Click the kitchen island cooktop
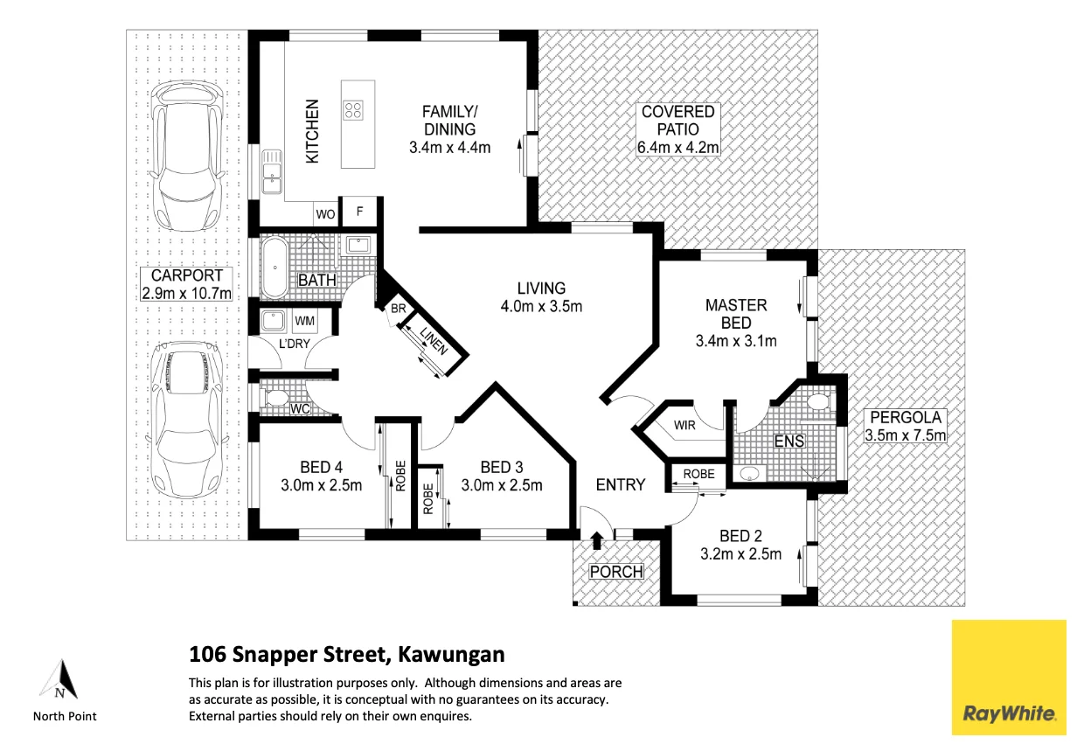354,109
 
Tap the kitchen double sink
270,172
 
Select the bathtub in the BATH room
275,267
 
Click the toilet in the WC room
277,400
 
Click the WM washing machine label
304,322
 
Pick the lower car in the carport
186,417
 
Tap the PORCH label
616,572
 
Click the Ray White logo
1009,678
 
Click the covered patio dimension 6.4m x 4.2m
677,148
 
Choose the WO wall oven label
325,213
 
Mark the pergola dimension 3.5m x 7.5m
905,435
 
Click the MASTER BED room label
736,314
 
